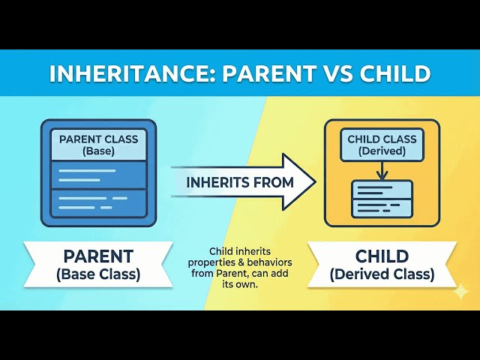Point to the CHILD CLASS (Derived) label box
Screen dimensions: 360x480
382,145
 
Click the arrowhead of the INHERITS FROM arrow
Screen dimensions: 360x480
299,181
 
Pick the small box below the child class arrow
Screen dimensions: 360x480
382,199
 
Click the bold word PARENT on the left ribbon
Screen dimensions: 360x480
97,256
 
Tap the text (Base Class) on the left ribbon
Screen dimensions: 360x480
97,274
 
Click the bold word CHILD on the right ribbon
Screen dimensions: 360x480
382,256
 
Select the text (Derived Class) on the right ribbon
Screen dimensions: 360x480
382,274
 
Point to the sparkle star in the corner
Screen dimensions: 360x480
460,290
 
